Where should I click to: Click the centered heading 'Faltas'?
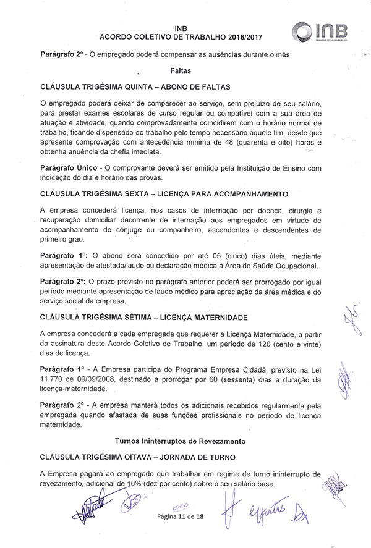[180, 70]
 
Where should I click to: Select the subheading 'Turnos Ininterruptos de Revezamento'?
[180, 441]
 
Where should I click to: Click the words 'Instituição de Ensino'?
[268, 168]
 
